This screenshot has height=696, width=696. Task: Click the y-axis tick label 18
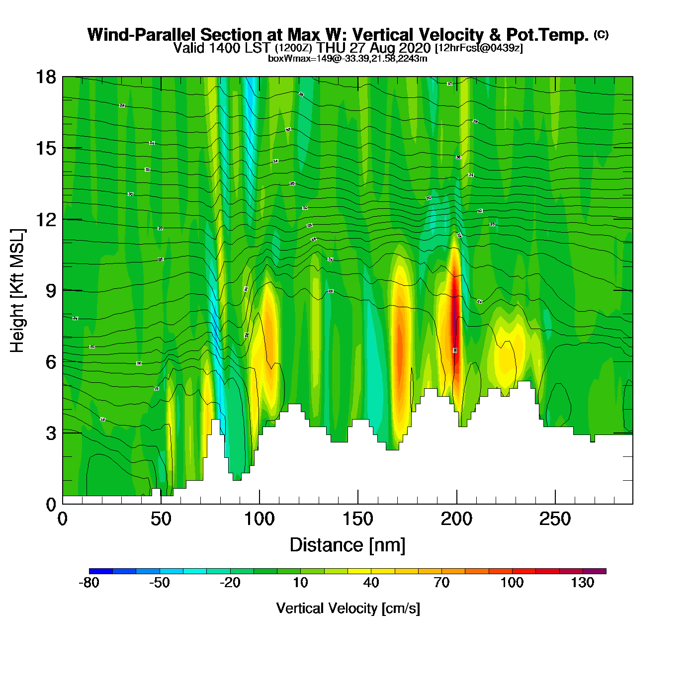click(x=45, y=77)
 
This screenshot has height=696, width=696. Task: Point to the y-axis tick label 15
click(x=45, y=148)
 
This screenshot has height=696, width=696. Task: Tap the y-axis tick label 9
click(x=51, y=291)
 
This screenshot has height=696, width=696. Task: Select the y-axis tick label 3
click(x=51, y=434)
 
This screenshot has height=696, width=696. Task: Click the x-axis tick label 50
click(x=161, y=520)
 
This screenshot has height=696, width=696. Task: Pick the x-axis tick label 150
click(x=357, y=520)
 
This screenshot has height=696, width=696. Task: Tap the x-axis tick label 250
click(x=555, y=520)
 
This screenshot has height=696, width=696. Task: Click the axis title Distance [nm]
click(x=348, y=545)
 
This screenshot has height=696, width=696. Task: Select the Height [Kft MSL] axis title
click(x=17, y=291)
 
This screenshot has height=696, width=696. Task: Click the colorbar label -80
click(x=89, y=583)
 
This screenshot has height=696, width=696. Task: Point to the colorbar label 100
click(x=512, y=583)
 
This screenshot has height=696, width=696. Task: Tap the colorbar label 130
click(x=582, y=583)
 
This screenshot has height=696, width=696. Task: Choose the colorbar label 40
click(x=371, y=583)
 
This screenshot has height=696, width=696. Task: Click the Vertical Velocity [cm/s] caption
click(x=348, y=609)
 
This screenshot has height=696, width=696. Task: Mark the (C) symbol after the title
click(x=601, y=34)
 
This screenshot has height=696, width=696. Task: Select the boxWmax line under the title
click(x=348, y=59)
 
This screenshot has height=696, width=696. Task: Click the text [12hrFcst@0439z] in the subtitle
click(x=479, y=48)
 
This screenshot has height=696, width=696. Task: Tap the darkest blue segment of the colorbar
click(x=101, y=571)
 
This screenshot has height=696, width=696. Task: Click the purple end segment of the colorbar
click(x=594, y=571)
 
